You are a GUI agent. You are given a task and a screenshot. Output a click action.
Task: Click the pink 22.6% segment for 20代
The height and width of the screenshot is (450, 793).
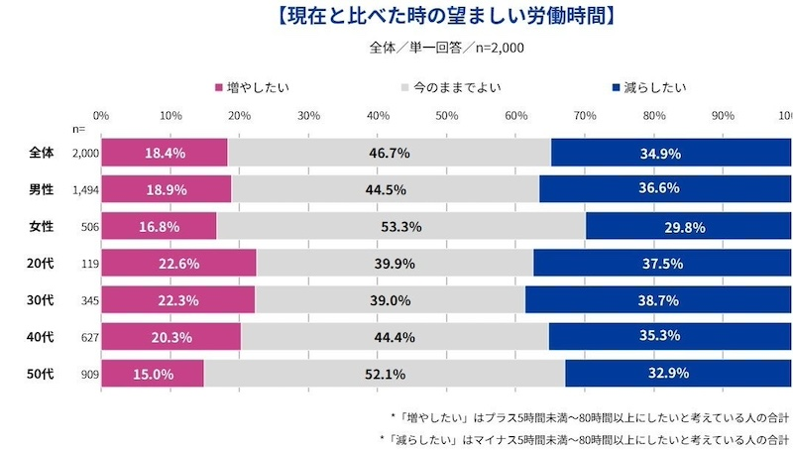pos(178,263)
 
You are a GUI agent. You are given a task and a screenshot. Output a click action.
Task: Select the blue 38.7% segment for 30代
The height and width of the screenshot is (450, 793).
pos(658,299)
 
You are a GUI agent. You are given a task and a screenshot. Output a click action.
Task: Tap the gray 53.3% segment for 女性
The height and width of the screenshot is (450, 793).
pos(400,226)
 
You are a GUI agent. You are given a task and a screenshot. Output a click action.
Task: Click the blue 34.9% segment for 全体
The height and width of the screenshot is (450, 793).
pos(671,153)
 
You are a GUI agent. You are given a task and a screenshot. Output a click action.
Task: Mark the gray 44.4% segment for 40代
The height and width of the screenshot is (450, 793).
pos(395,336)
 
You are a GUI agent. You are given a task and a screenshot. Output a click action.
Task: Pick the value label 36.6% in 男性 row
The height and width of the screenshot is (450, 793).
pos(665,189)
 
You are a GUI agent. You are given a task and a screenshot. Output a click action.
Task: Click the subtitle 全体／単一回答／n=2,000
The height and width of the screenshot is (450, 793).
pos(446,47)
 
